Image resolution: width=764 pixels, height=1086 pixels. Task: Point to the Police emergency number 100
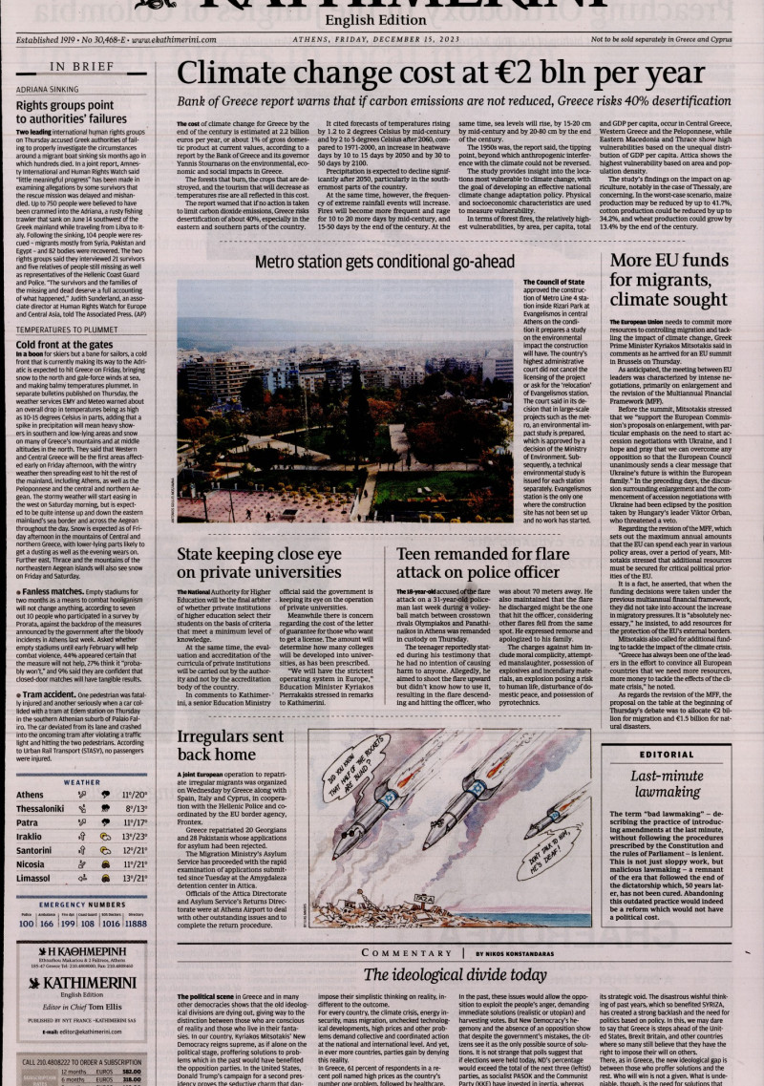(26, 925)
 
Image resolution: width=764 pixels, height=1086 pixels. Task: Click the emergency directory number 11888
(137, 925)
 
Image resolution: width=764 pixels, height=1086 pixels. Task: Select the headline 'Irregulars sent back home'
(229, 745)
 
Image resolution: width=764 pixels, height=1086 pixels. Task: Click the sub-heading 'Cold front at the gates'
(64, 345)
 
